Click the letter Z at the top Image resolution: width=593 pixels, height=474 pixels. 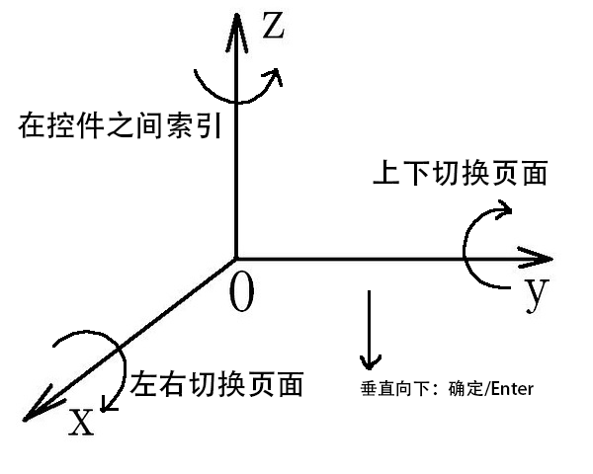tap(273, 26)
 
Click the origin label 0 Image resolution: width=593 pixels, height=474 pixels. tap(241, 292)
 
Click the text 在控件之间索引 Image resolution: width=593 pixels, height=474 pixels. tap(118, 127)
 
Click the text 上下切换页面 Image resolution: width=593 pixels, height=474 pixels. tap(459, 174)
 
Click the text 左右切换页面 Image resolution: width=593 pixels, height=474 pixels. tap(215, 383)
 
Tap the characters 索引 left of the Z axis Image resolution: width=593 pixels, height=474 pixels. tap(196, 127)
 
